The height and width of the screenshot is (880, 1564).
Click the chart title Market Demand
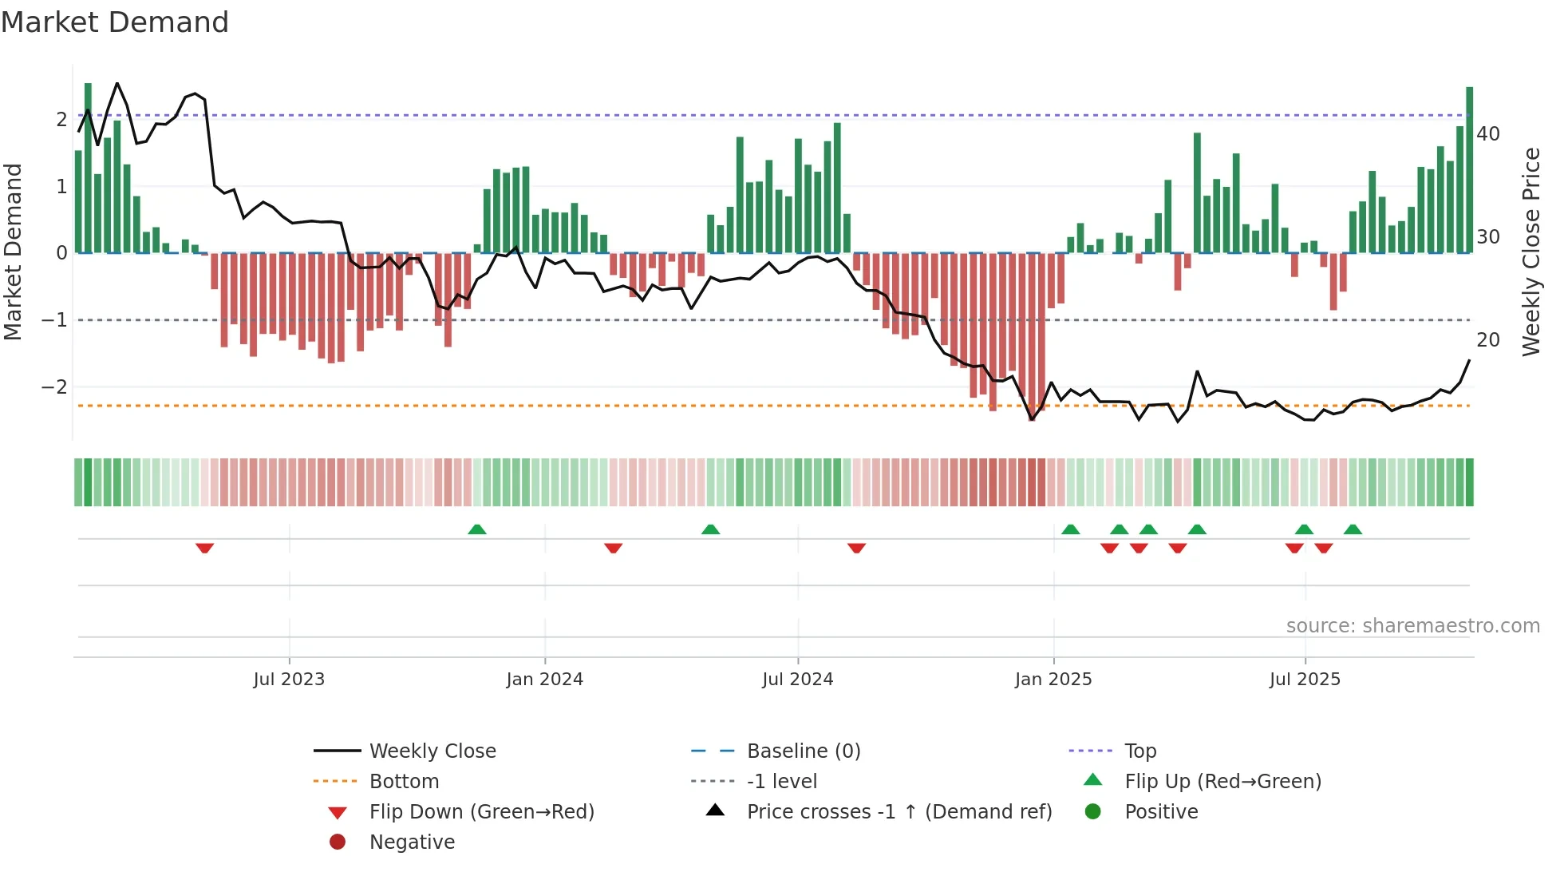click(x=115, y=22)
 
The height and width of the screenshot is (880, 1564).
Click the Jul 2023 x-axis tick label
click(x=289, y=680)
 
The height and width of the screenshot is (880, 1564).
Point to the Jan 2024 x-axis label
click(x=545, y=680)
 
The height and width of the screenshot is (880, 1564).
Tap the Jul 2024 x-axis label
click(x=798, y=680)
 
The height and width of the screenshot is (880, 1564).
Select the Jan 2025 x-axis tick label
click(x=1053, y=680)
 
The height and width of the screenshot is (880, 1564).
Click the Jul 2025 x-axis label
click(x=1305, y=680)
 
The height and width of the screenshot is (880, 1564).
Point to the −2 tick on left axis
click(x=54, y=387)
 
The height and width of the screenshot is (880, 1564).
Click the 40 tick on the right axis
click(x=1488, y=134)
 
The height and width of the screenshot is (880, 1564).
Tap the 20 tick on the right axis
click(x=1488, y=340)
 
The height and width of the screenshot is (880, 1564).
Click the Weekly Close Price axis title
click(x=1530, y=252)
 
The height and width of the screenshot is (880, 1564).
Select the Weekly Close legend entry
click(x=432, y=751)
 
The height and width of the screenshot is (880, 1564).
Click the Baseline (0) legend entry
click(x=803, y=751)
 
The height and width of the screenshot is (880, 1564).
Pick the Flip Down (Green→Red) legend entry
click(x=481, y=812)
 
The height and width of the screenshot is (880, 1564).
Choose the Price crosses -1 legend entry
click(x=899, y=812)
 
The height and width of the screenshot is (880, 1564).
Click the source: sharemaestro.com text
click(x=1412, y=626)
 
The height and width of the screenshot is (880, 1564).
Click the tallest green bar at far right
click(x=1469, y=169)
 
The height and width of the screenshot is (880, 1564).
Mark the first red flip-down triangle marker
click(x=205, y=549)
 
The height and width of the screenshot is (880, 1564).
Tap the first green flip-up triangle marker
click(x=477, y=529)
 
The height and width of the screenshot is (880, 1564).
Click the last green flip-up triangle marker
click(x=1353, y=529)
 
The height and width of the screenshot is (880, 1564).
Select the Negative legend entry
click(x=412, y=842)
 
